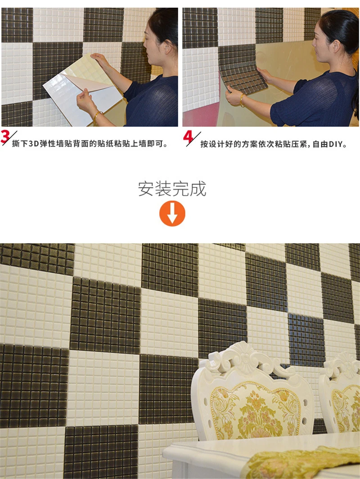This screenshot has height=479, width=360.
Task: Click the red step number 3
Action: click(x=5, y=136)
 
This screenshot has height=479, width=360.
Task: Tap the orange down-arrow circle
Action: click(x=172, y=213)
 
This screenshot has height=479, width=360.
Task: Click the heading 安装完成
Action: click(x=172, y=189)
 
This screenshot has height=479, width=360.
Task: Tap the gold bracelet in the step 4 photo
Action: click(x=242, y=100)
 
